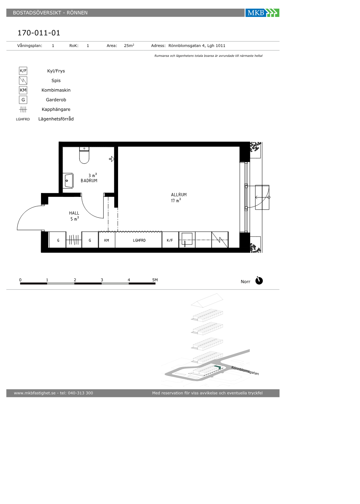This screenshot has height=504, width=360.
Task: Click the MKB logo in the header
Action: [262, 13]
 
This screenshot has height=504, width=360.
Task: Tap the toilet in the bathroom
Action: [84, 155]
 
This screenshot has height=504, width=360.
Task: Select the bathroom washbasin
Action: [68, 180]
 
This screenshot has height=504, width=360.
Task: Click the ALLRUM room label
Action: [179, 195]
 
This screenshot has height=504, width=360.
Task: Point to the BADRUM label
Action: [89, 180]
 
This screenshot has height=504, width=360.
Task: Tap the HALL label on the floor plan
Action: [74, 213]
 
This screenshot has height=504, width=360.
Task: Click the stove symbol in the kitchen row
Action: [220, 240]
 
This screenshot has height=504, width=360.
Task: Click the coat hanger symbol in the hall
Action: [74, 240]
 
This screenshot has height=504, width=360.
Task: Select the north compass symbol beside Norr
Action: [259, 280]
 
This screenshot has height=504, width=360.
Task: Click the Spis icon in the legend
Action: [23, 80]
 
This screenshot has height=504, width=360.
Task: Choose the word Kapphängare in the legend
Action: [56, 109]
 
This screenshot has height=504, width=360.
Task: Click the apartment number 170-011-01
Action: [39, 33]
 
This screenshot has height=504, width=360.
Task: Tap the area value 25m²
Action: [129, 45]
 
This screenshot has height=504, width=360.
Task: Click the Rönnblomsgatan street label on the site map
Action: [245, 370]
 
